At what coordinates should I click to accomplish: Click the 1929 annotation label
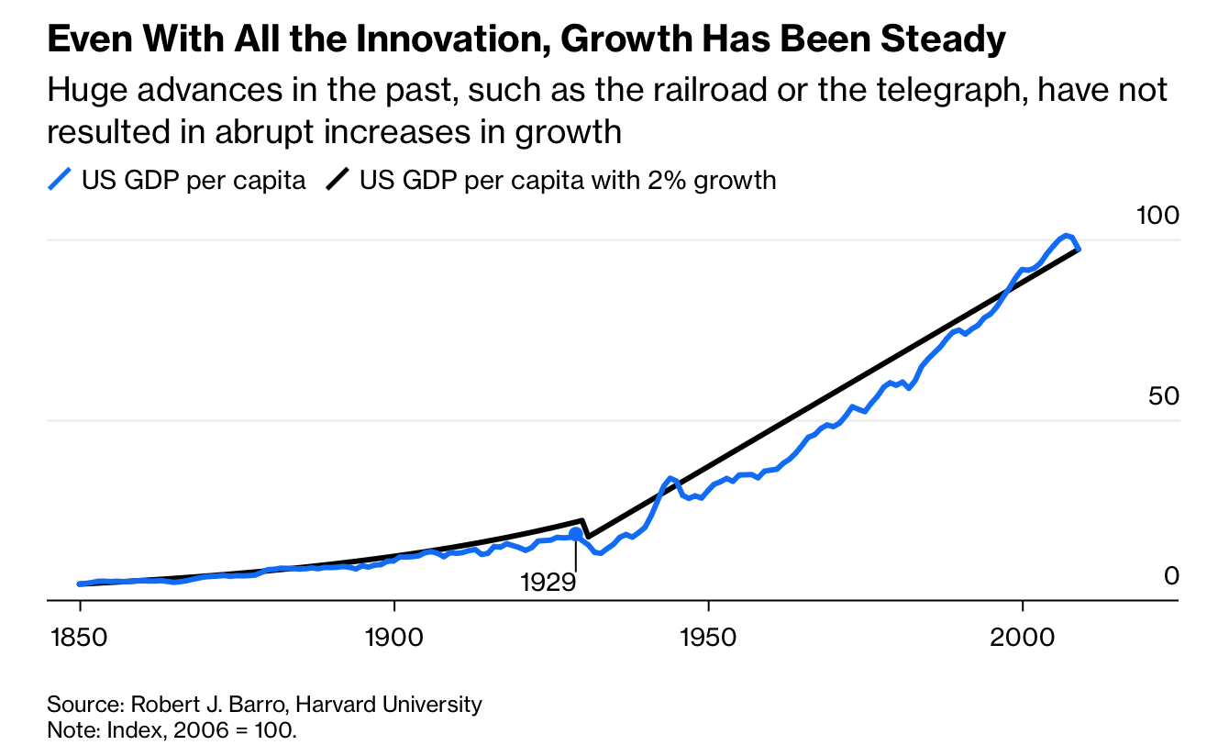[x=548, y=583]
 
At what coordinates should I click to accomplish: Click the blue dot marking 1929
[x=576, y=534]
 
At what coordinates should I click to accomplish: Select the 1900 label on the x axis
[x=393, y=635]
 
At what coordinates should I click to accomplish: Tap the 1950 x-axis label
[x=708, y=635]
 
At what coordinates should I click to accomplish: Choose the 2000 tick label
[x=1022, y=635]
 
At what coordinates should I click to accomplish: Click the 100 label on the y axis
[x=1157, y=216]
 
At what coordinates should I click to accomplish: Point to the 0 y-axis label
[x=1170, y=575]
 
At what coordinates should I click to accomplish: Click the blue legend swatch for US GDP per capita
[x=60, y=180]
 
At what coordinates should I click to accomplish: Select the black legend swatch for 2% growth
[x=338, y=180]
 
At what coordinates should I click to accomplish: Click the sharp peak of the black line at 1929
[x=582, y=520]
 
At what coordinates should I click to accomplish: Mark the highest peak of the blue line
[x=1066, y=236]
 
